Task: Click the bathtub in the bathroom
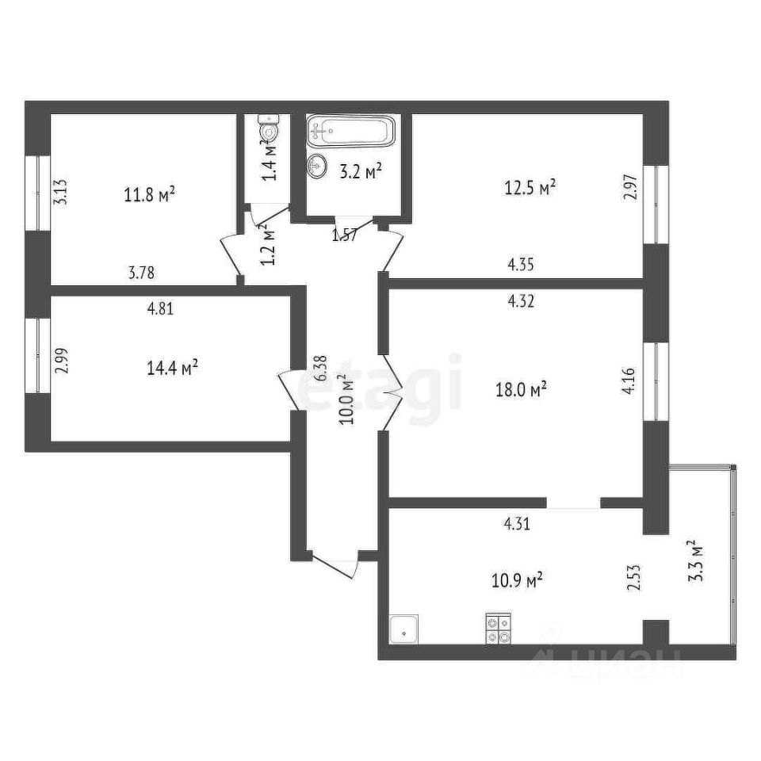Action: [351, 131]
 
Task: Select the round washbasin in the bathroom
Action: [319, 166]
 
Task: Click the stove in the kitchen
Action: [498, 629]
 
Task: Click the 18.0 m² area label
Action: [520, 389]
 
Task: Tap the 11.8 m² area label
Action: [149, 194]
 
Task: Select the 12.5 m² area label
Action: [530, 188]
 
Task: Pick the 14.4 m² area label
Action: [172, 369]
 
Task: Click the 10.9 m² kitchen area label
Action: [516, 581]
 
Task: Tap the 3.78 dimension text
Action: [141, 273]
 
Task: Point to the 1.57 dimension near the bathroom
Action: [344, 235]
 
